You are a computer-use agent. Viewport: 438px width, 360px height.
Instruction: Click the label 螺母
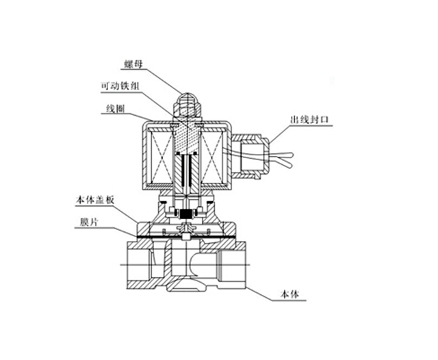[x=133, y=64]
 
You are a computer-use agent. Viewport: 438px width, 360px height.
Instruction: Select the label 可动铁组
[x=120, y=86]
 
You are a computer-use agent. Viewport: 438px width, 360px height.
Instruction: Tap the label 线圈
[x=115, y=109]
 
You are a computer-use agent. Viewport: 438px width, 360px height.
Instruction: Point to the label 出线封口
[x=309, y=120]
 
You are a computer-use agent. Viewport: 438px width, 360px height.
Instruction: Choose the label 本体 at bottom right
[x=289, y=295]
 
